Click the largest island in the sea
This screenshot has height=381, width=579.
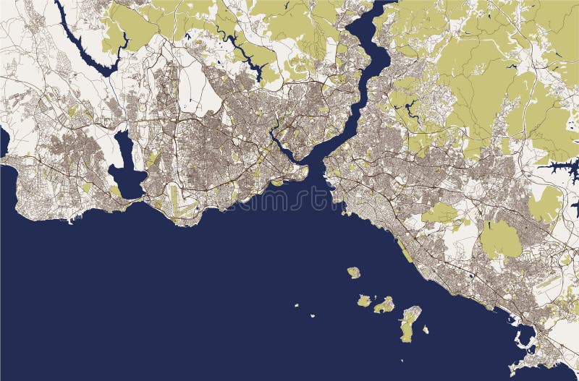point(410,318)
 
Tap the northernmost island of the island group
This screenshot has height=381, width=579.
point(353,273)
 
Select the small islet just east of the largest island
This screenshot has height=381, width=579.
point(426,330)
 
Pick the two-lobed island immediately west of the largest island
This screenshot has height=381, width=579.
point(384,304)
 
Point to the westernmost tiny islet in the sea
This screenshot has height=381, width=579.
point(297,306)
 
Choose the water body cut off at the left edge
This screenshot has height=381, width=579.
point(4,141)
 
